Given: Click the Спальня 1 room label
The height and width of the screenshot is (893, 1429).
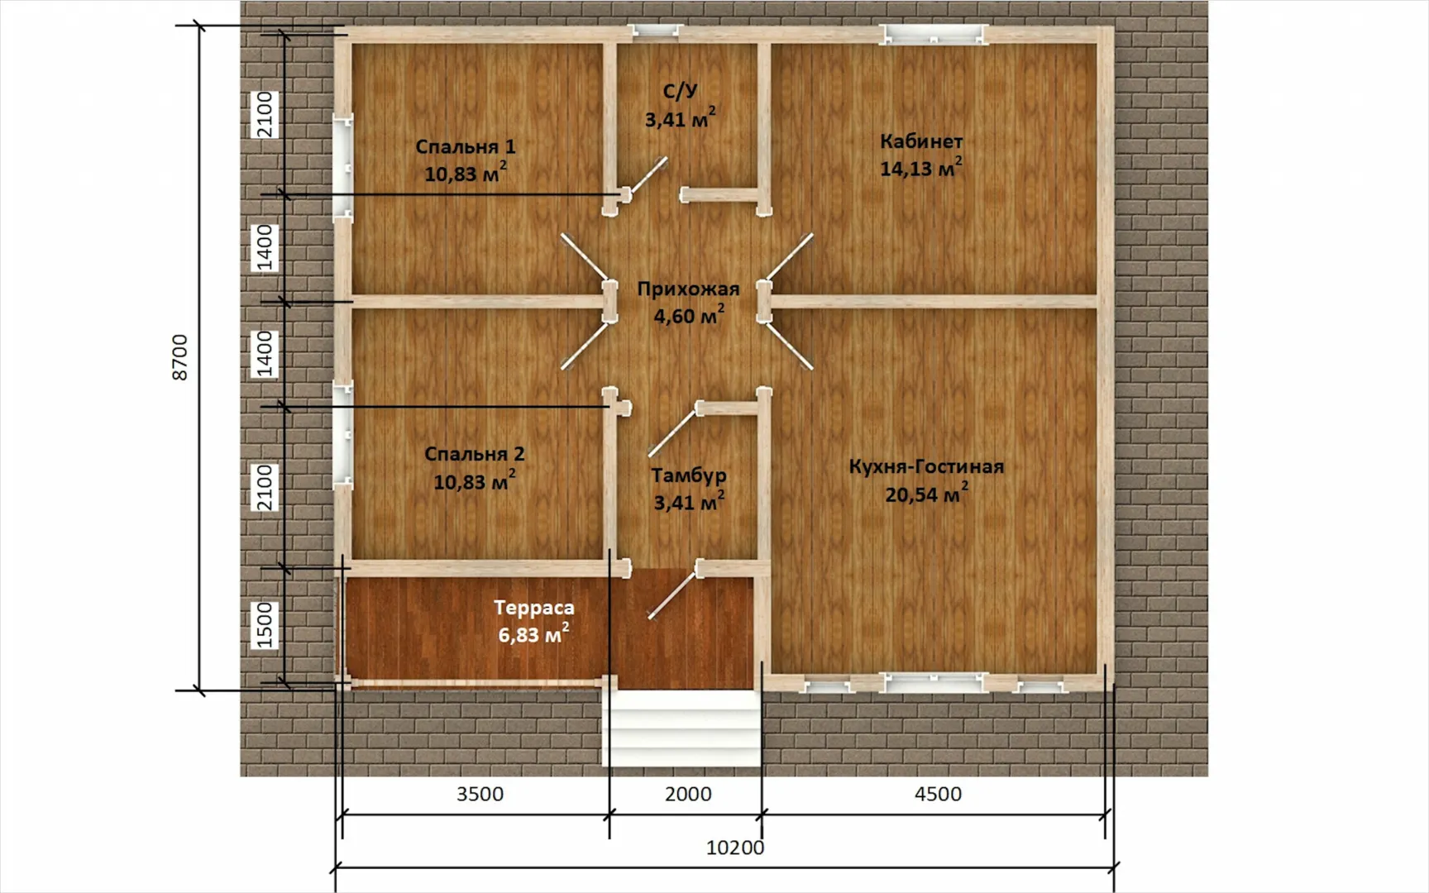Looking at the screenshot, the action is pyautogui.click(x=465, y=147).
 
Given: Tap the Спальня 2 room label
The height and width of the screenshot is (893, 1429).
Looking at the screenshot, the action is pyautogui.click(x=474, y=454).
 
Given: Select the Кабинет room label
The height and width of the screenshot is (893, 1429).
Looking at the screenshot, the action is pyautogui.click(x=920, y=141).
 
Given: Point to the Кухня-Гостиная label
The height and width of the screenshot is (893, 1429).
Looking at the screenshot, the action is pyautogui.click(x=926, y=466).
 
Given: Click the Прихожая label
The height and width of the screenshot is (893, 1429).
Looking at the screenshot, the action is pyautogui.click(x=688, y=289).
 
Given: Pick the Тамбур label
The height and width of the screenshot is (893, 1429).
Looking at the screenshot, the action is pyautogui.click(x=689, y=475).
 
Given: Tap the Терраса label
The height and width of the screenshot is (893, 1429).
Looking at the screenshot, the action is pyautogui.click(x=534, y=608).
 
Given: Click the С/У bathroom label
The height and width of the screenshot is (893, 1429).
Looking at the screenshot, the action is pyautogui.click(x=681, y=91).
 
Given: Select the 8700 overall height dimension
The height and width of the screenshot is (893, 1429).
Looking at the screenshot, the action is pyautogui.click(x=179, y=357).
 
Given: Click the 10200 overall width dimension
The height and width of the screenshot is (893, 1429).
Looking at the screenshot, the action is pyautogui.click(x=735, y=848).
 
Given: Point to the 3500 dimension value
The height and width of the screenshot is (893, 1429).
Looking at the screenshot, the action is pyautogui.click(x=480, y=794).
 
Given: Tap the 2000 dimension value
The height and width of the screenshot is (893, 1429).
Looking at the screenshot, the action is pyautogui.click(x=688, y=794).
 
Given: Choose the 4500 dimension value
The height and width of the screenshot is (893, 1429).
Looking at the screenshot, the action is pyautogui.click(x=938, y=794).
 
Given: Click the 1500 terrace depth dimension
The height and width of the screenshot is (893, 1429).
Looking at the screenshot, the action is pyautogui.click(x=264, y=624).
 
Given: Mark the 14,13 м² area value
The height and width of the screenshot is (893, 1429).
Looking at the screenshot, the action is pyautogui.click(x=920, y=167).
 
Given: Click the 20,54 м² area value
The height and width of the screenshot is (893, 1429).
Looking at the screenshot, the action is pyautogui.click(x=926, y=493).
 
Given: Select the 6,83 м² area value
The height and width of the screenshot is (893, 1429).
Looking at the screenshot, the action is pyautogui.click(x=534, y=633).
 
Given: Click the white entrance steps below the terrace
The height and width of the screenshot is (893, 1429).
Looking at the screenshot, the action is pyautogui.click(x=685, y=728).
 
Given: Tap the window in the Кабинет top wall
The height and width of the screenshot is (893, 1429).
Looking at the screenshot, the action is pyautogui.click(x=934, y=35).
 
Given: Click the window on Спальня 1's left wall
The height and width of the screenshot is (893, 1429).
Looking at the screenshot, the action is pyautogui.click(x=343, y=166).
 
